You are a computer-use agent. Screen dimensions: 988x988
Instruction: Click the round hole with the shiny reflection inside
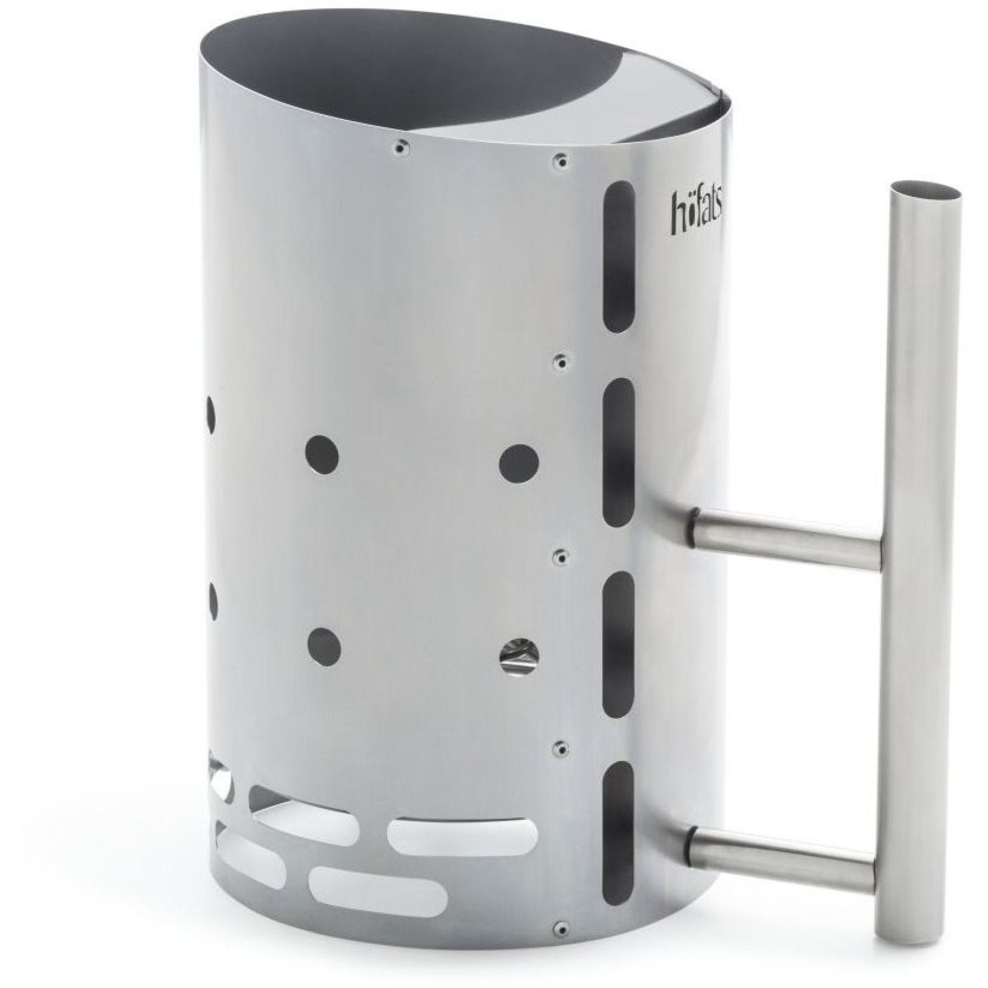pos(519,653)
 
